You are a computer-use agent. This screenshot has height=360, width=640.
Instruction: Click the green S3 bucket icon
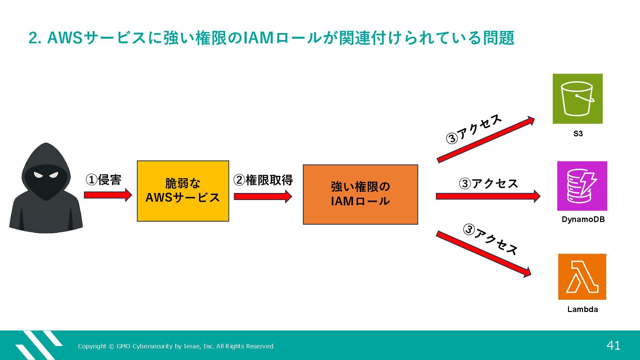(x=577, y=99)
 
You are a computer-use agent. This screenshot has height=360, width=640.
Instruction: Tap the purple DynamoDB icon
(x=582, y=186)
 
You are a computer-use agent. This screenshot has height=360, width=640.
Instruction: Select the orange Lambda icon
(x=582, y=277)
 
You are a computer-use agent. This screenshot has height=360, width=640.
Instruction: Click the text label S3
(x=578, y=134)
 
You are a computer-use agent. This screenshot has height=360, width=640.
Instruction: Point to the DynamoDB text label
(x=583, y=219)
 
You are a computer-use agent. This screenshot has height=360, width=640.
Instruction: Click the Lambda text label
(x=582, y=309)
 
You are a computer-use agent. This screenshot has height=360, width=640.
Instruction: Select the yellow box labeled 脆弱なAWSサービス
(x=183, y=191)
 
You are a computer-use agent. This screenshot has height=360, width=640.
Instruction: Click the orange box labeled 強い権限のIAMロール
(x=360, y=194)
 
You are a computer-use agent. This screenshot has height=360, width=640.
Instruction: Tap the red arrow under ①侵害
(x=108, y=195)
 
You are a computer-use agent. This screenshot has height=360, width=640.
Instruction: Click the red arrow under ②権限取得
(x=263, y=196)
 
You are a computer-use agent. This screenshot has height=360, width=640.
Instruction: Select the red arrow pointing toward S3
(x=485, y=140)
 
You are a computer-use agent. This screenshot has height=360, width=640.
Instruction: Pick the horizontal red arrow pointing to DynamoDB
(x=488, y=196)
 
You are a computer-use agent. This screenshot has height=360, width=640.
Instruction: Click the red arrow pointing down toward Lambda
(x=483, y=254)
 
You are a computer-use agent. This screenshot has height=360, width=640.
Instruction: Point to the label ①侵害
(x=103, y=180)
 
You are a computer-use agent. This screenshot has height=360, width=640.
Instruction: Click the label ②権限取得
(x=263, y=180)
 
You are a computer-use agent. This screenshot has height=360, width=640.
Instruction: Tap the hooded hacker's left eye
(x=38, y=175)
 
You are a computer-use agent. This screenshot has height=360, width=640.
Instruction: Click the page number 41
(x=613, y=345)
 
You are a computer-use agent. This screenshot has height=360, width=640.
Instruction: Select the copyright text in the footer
(x=176, y=346)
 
